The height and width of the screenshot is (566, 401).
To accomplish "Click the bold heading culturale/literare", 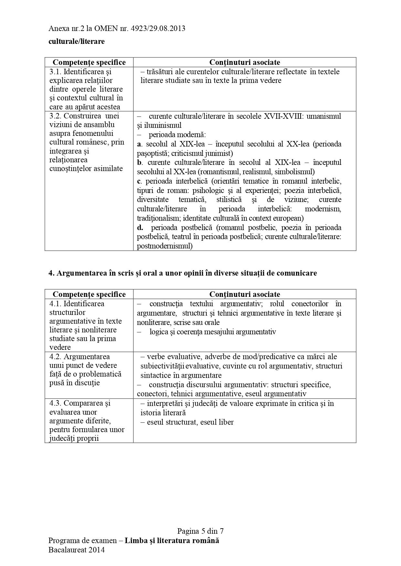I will [x=77, y=42].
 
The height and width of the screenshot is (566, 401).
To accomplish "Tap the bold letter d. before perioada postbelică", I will [x=140, y=227].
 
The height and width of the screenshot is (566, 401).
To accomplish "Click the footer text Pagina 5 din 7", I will [x=200, y=531].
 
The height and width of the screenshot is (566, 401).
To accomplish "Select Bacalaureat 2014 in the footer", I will [x=77, y=550].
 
